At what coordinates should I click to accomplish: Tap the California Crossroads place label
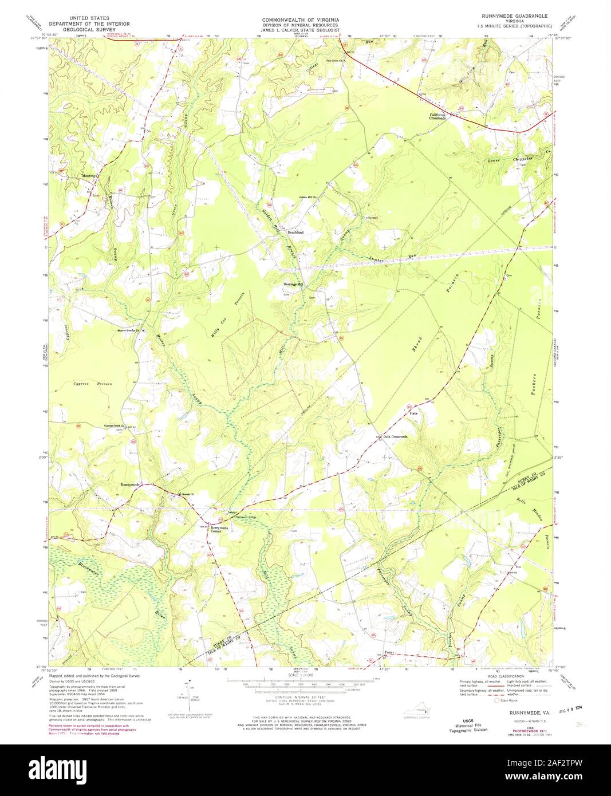pos(442,116)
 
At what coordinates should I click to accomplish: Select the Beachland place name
pos(295,233)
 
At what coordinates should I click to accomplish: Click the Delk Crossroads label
pos(395,436)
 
